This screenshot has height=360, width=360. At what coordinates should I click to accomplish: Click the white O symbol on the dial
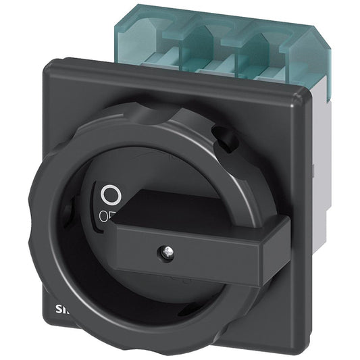pos(109,196)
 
